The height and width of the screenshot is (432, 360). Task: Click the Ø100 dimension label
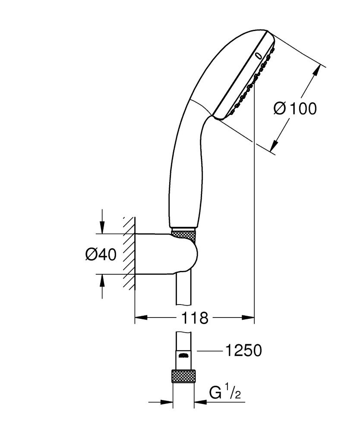tap(295, 109)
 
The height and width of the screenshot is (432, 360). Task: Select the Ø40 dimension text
tap(101, 255)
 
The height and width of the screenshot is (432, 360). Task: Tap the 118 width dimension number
tap(194, 319)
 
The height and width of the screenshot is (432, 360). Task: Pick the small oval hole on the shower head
tap(259, 55)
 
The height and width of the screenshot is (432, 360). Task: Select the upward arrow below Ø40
tap(102, 281)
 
